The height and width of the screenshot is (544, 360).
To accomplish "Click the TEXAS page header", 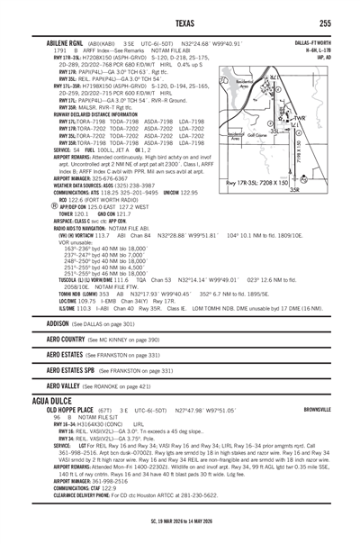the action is coord(180,23).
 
